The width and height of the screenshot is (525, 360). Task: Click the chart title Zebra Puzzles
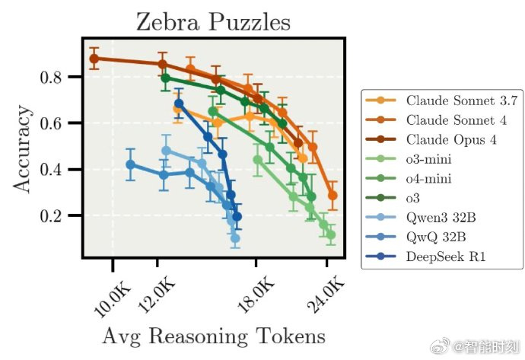(213, 22)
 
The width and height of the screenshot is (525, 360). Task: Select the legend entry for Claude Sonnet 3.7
(442, 100)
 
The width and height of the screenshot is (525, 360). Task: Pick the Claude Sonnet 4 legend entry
(436, 120)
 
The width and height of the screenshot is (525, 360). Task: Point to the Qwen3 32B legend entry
(421, 218)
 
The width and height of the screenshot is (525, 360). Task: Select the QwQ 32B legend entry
(416, 237)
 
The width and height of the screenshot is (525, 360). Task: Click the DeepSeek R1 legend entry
(426, 256)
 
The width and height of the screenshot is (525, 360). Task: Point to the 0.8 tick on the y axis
(51, 78)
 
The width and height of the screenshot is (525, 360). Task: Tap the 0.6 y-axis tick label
(51, 123)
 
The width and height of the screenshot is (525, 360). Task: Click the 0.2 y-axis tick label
(51, 216)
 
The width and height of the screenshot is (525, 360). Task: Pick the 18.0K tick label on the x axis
(256, 295)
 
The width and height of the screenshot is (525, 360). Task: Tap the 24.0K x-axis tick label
(326, 295)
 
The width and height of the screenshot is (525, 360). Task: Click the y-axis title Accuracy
(22, 149)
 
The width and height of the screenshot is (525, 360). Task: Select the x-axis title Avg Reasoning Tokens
(214, 336)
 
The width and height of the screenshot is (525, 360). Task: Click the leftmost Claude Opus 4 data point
(94, 59)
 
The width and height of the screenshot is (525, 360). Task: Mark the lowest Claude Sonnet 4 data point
(332, 196)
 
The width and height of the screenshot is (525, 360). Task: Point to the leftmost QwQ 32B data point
(131, 164)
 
